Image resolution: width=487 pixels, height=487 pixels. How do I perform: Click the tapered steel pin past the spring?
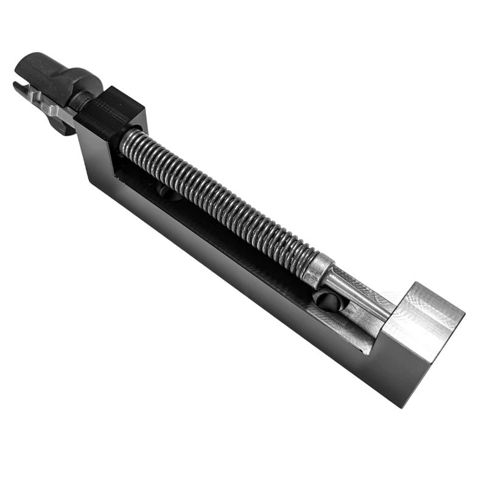[353, 295]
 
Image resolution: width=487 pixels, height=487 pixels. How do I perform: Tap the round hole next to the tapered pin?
[323, 298]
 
